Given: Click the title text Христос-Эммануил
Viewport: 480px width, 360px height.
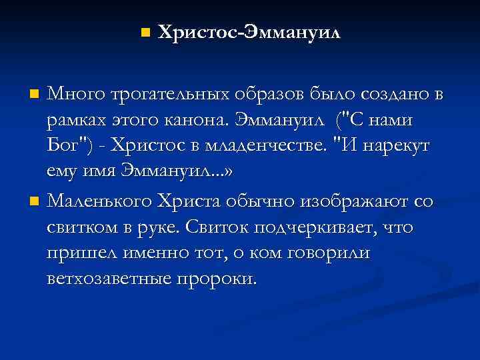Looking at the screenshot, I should click(x=249, y=33).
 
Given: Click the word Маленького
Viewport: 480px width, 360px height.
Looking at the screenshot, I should click(x=99, y=201).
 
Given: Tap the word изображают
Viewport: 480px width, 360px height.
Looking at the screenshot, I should click(x=355, y=201).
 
